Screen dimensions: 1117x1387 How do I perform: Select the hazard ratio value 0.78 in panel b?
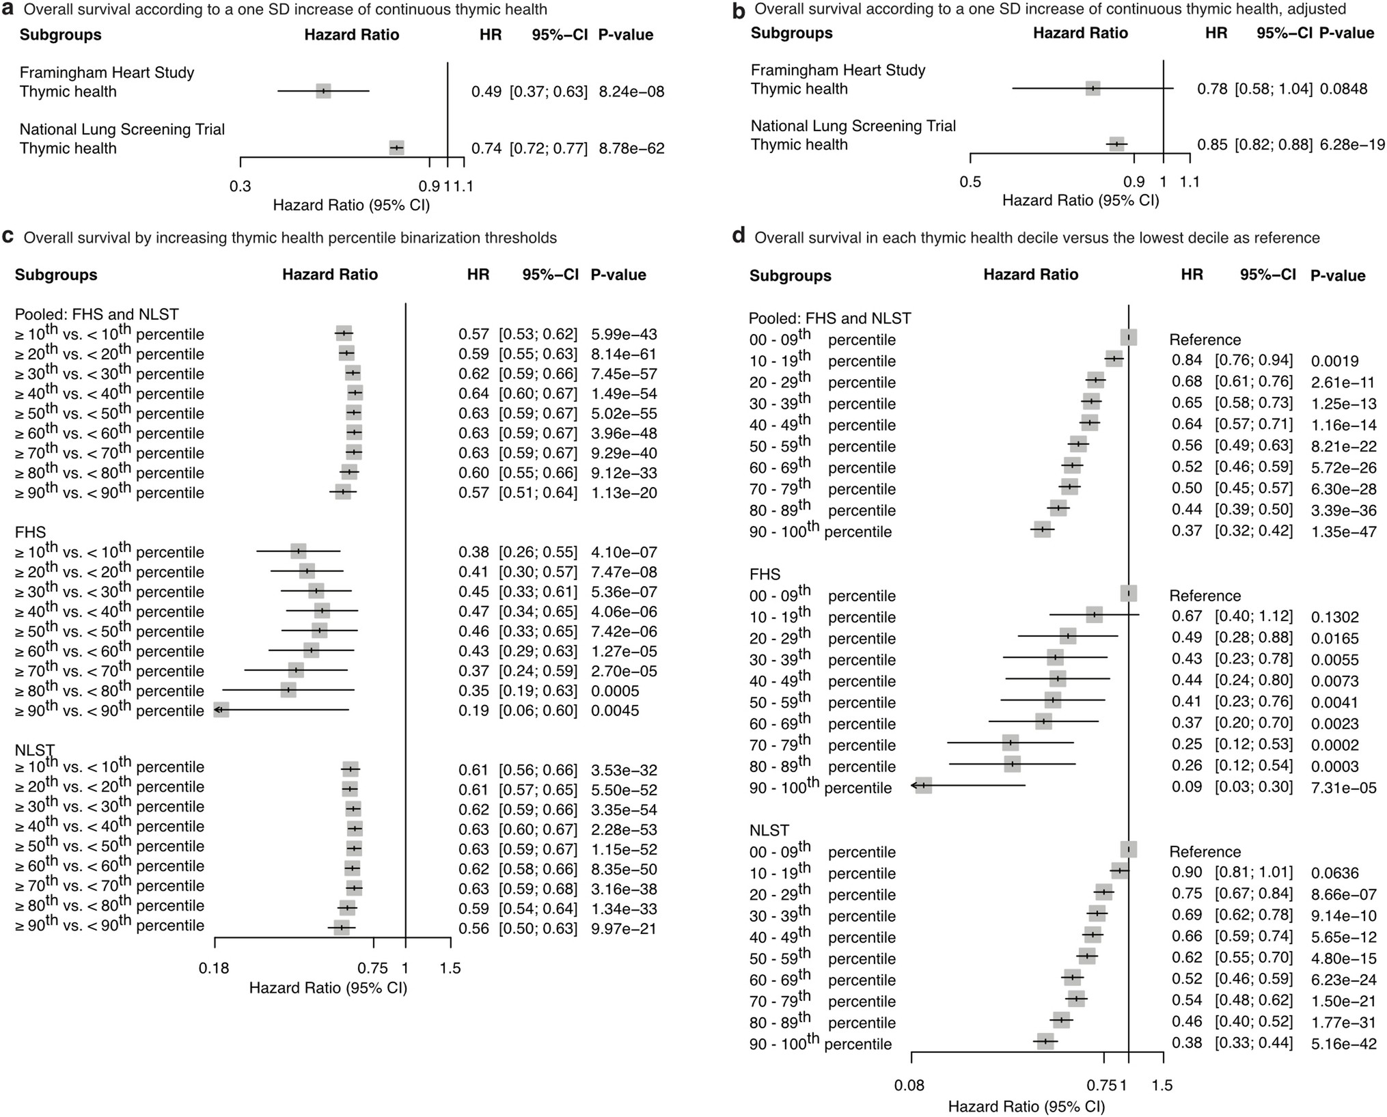click(1212, 89)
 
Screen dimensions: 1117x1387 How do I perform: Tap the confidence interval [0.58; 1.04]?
click(1274, 89)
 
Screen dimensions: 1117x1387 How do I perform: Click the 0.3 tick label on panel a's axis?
click(240, 186)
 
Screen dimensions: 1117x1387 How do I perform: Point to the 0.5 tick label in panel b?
click(970, 182)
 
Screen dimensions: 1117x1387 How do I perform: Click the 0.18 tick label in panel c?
click(215, 968)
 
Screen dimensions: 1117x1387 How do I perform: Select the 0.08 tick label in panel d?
click(911, 1085)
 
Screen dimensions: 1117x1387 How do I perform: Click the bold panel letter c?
click(9, 236)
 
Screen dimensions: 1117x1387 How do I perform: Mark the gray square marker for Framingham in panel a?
click(323, 91)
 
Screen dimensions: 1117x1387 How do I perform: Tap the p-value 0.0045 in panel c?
click(615, 711)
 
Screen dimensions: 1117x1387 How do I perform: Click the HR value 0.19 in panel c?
click(473, 711)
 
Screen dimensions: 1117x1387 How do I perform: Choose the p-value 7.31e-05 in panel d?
click(1343, 788)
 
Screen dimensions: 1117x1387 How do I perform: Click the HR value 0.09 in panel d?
click(1187, 787)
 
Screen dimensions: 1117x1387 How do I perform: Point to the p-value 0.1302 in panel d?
click(1334, 617)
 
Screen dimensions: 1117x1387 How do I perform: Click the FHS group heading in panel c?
click(31, 532)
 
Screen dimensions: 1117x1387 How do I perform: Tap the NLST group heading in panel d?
click(769, 831)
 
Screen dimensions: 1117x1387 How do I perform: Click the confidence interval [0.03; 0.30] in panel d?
click(1253, 787)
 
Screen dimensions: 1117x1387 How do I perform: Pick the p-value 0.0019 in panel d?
click(1334, 361)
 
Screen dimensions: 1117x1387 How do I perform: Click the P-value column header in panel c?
click(618, 275)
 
